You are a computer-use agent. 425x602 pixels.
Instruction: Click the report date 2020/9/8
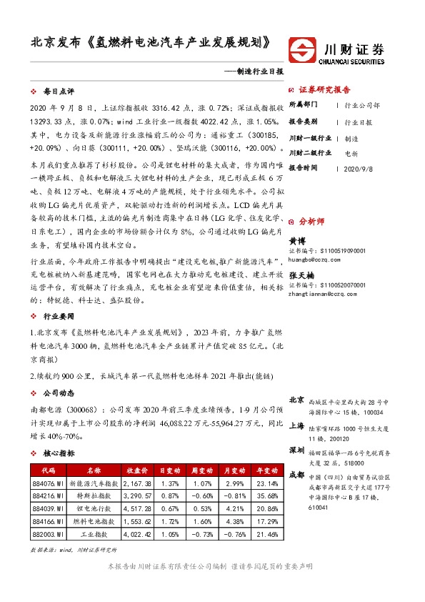(x=357, y=169)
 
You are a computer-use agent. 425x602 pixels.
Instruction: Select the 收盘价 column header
(x=137, y=471)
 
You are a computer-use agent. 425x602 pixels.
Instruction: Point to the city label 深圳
(x=296, y=450)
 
